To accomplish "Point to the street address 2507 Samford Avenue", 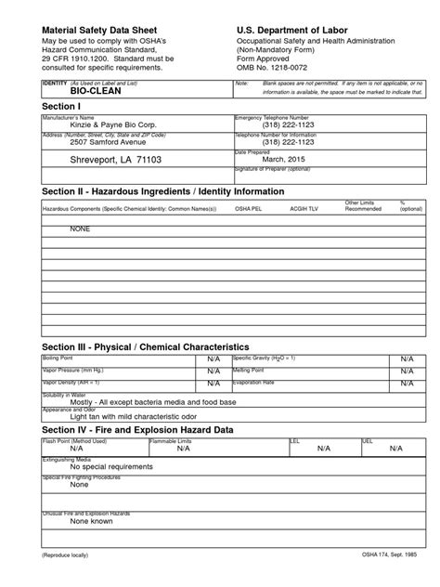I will coord(100,142).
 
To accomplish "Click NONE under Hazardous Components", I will coord(68,227).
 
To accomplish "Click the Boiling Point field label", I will coord(58,357).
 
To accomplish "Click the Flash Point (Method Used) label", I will coord(75,441).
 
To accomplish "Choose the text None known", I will coord(91,522).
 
